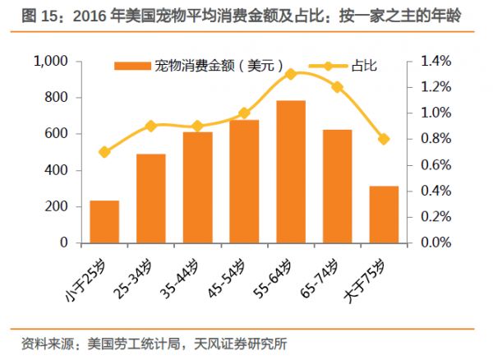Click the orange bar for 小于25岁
(104, 222)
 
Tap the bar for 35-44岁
(197, 187)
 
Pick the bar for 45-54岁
(244, 182)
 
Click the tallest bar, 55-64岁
(291, 172)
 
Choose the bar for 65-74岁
(337, 187)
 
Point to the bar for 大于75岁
(384, 215)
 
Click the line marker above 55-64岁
(291, 74)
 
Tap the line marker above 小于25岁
(104, 152)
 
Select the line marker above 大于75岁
(384, 139)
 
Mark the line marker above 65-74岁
(337, 86)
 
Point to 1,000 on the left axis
(51, 62)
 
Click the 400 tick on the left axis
(56, 170)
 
